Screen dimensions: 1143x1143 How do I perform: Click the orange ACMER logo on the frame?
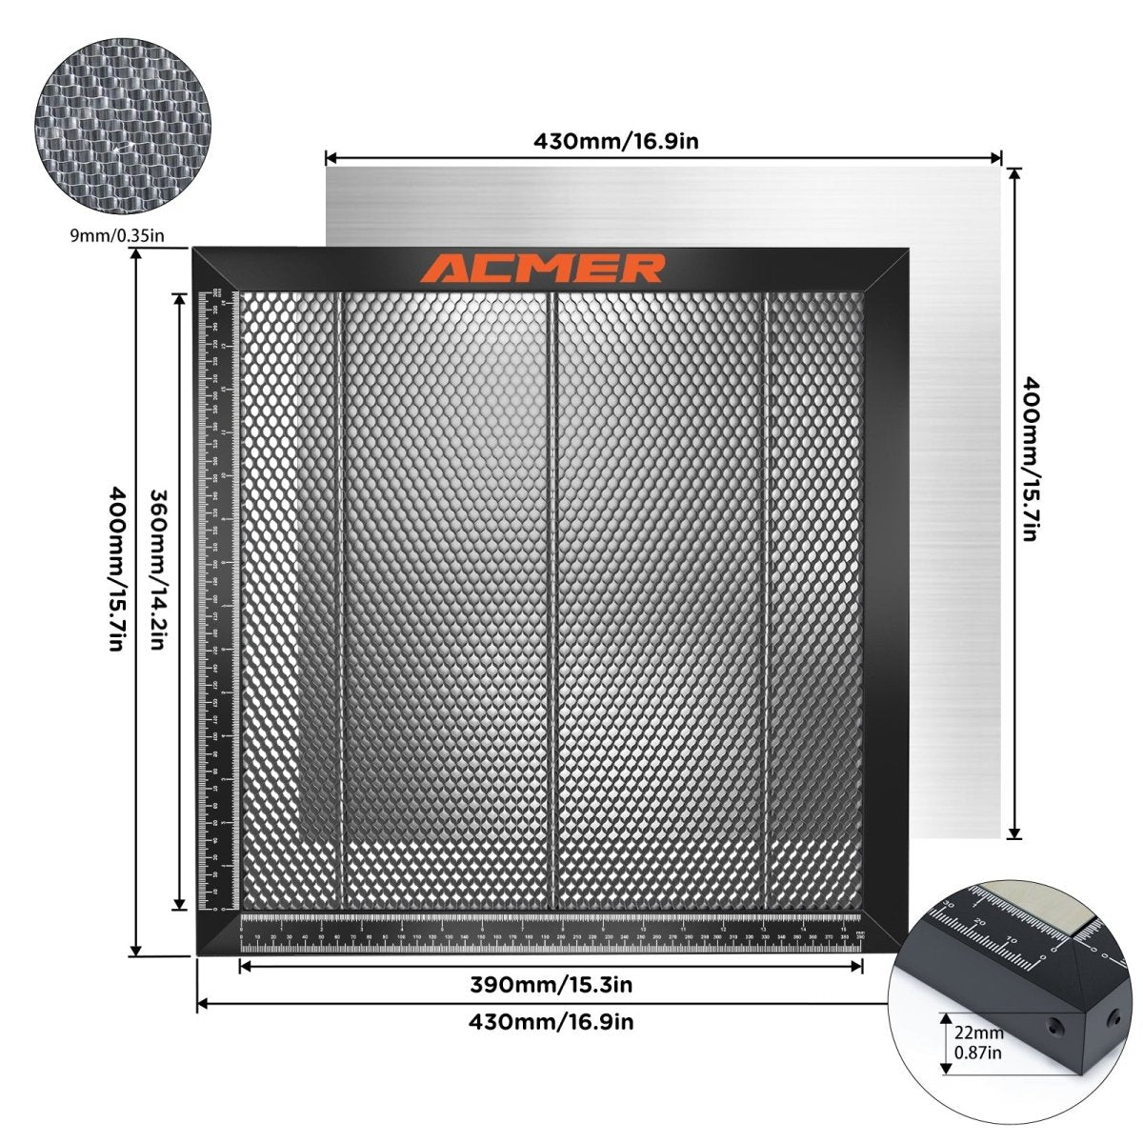pos(544,268)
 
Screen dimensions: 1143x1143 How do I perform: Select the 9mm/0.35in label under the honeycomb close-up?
pos(111,234)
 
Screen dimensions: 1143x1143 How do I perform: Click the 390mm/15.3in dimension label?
pos(551,984)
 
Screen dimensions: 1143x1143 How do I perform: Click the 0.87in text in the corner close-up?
pos(978,1052)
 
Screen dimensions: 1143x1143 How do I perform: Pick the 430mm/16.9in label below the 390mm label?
pos(551,1022)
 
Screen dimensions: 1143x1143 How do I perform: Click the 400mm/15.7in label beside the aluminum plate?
pos(1029,458)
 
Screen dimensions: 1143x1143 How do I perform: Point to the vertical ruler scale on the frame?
pos(218,600)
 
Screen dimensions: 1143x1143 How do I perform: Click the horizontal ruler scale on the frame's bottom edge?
pos(552,929)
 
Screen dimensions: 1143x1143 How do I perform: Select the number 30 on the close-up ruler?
pos(948,904)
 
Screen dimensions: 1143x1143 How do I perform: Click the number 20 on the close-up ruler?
pos(980,921)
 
